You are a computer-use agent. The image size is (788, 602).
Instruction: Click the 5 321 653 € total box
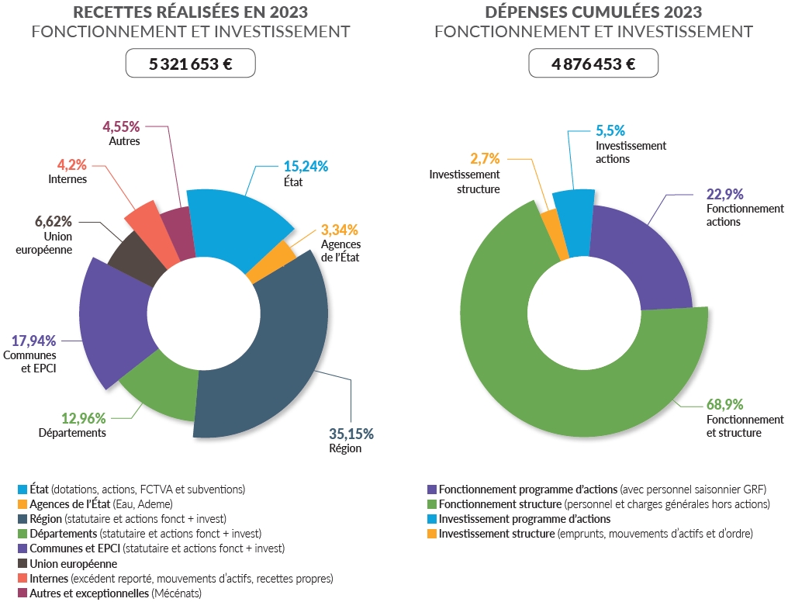(190, 64)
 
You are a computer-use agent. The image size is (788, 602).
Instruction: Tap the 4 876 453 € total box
(593, 64)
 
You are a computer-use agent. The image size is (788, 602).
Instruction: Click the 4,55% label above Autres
(121, 126)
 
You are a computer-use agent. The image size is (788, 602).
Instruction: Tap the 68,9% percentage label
(724, 404)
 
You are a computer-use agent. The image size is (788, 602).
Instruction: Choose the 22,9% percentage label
(725, 194)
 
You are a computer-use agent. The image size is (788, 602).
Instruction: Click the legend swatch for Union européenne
(22, 564)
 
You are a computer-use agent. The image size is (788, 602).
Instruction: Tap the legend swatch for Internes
(22, 579)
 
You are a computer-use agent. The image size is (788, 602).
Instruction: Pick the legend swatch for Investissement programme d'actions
(432, 519)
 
